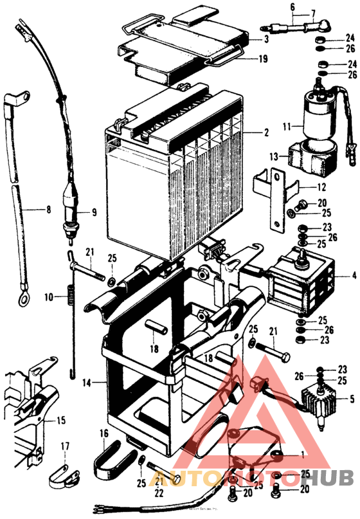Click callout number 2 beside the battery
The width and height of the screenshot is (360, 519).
[265, 133]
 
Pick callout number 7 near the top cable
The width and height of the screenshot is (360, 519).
[313, 13]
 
